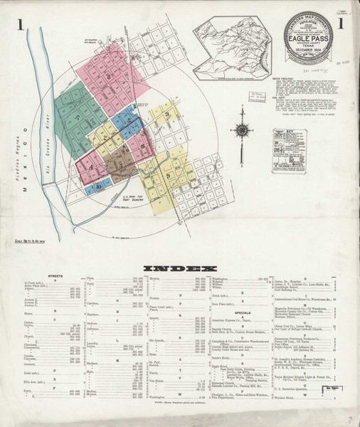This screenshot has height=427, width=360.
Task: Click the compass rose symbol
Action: pyautogui.click(x=242, y=132)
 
